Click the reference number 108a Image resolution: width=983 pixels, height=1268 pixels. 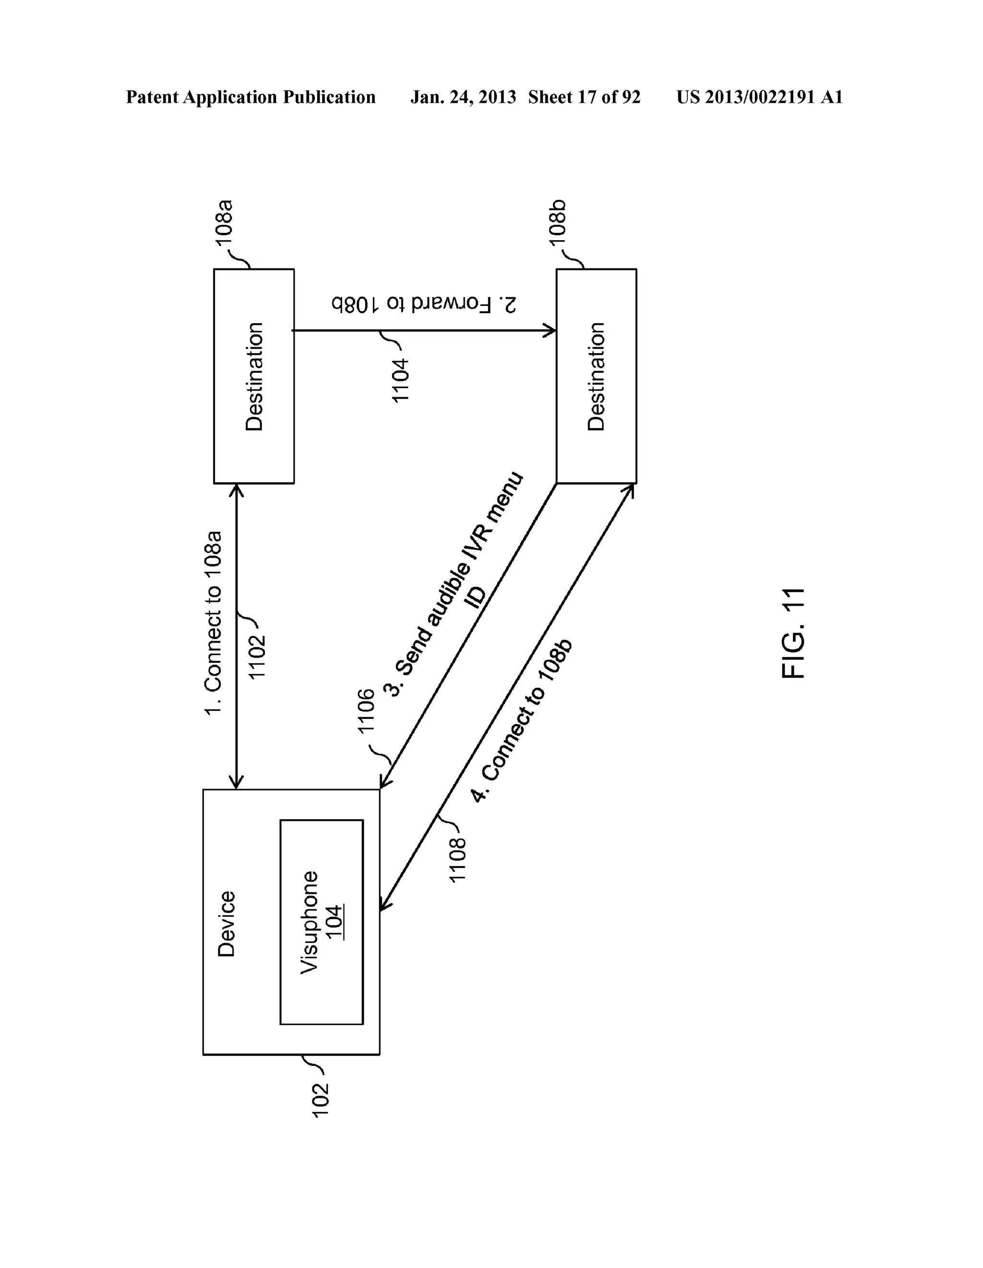click(x=225, y=225)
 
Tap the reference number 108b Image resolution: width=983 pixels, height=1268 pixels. click(x=558, y=225)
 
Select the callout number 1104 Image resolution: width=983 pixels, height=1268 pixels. click(x=400, y=381)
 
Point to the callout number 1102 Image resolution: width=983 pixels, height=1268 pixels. click(x=256, y=657)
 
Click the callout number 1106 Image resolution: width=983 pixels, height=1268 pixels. click(x=366, y=709)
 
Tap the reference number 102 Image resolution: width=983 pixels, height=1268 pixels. click(x=320, y=1100)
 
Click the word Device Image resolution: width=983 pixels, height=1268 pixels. click(x=226, y=924)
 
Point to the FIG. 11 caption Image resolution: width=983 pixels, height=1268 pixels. click(x=793, y=633)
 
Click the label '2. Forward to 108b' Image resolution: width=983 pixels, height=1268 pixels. click(x=424, y=304)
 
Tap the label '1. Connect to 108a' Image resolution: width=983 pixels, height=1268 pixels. click(x=213, y=623)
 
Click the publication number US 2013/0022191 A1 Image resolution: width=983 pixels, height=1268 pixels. click(x=759, y=97)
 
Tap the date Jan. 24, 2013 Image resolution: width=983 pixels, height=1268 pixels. click(x=463, y=97)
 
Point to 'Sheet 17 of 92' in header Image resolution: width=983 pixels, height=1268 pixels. click(x=584, y=97)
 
